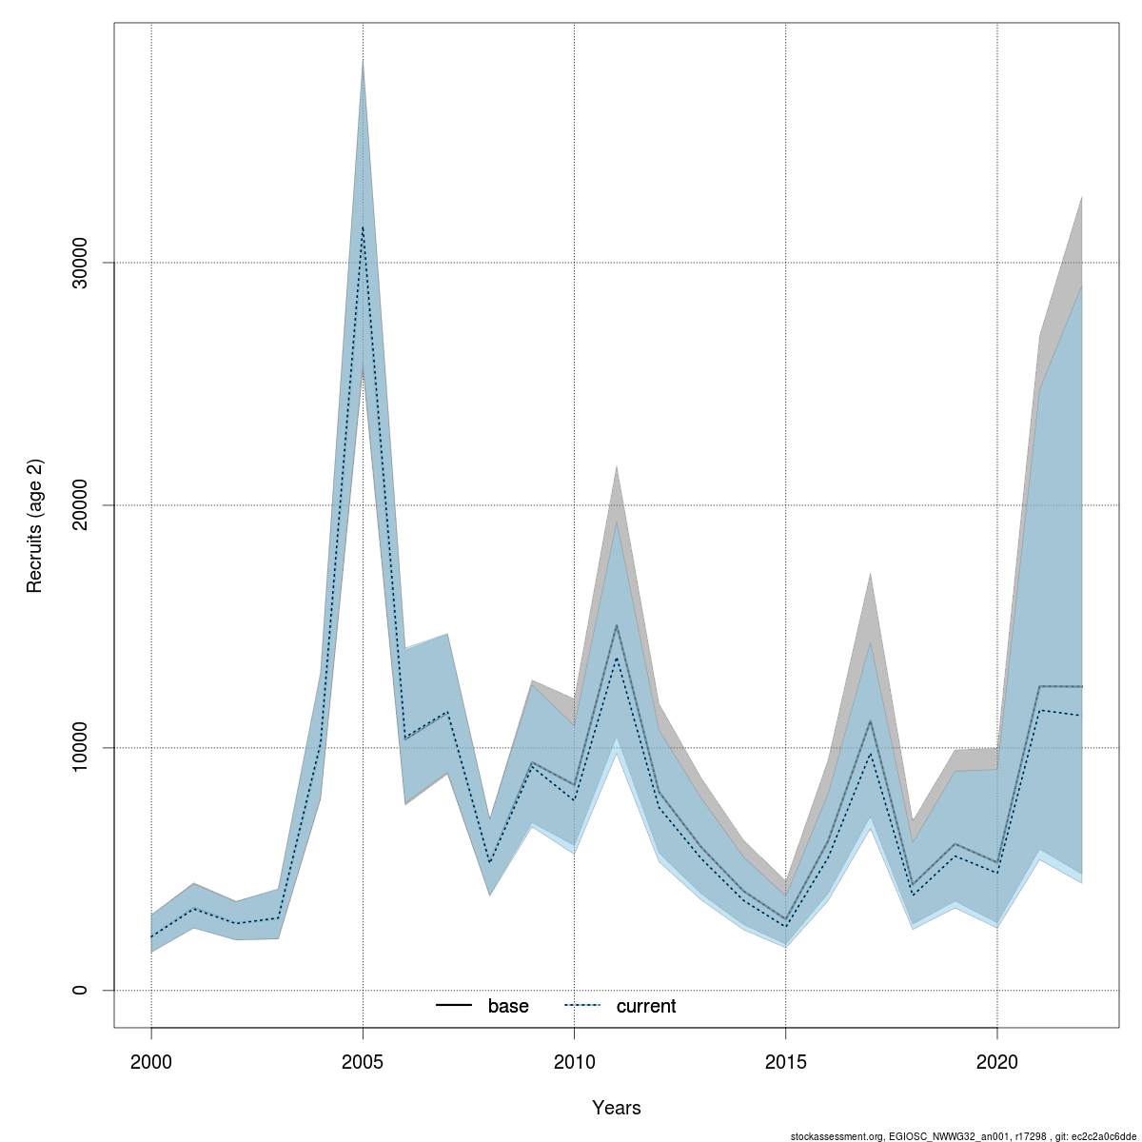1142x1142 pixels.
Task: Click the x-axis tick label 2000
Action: click(x=151, y=1060)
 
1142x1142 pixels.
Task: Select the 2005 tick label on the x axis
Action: click(x=363, y=1060)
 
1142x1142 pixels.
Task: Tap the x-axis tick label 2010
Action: click(x=574, y=1060)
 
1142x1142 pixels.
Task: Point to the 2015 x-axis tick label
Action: click(x=785, y=1060)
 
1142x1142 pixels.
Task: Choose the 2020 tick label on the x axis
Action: click(x=996, y=1060)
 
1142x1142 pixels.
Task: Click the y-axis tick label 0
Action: click(x=81, y=991)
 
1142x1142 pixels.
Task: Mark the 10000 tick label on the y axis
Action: click(x=81, y=748)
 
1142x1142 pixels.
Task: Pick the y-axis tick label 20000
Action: click(x=81, y=505)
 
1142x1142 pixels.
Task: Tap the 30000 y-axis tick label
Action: click(x=81, y=263)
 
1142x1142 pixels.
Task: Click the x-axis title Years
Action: click(x=617, y=1108)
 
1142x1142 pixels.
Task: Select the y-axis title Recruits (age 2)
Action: click(x=35, y=526)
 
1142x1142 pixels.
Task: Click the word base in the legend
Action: click(x=508, y=1007)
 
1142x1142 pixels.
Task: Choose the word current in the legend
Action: click(x=646, y=1007)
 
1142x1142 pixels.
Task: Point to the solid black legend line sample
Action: click(x=454, y=1006)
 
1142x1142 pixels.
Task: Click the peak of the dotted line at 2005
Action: click(x=363, y=226)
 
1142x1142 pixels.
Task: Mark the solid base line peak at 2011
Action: click(x=617, y=625)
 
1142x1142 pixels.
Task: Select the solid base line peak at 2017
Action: click(x=870, y=720)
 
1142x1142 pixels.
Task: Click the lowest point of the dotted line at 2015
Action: click(x=785, y=927)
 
